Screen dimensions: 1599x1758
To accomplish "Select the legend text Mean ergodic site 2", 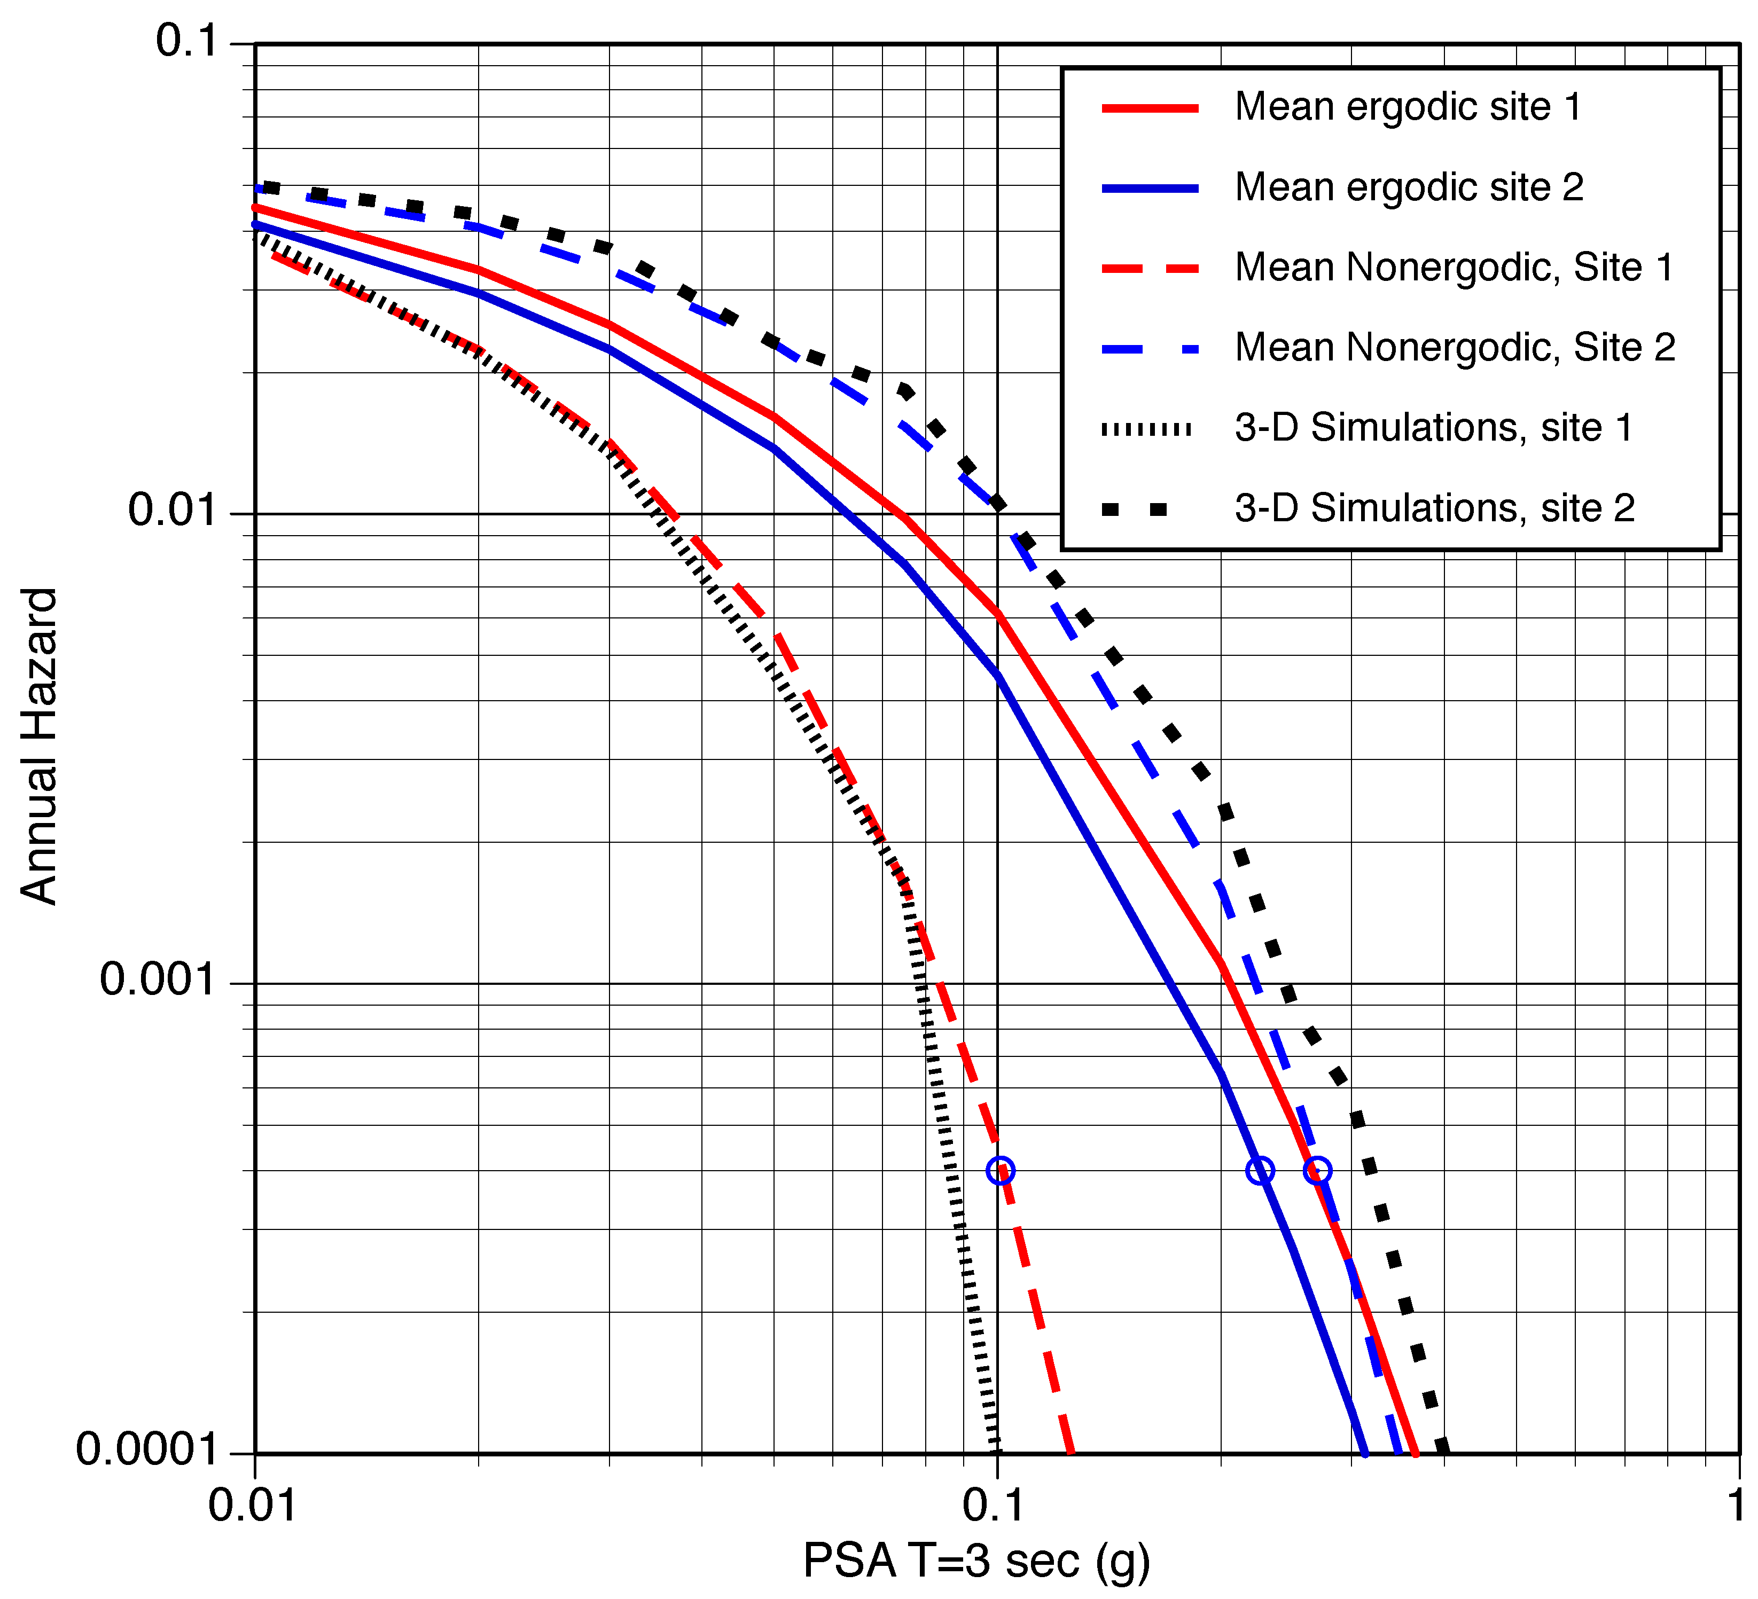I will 1408,187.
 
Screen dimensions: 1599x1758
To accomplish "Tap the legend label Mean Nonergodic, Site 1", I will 1454,268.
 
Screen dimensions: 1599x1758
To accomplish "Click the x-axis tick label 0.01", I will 253,1506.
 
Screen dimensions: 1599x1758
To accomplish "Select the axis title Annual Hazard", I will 38,747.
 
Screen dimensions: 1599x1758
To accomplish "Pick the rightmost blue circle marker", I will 1318,1170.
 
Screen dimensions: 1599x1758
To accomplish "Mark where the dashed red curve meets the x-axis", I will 1071,1453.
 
